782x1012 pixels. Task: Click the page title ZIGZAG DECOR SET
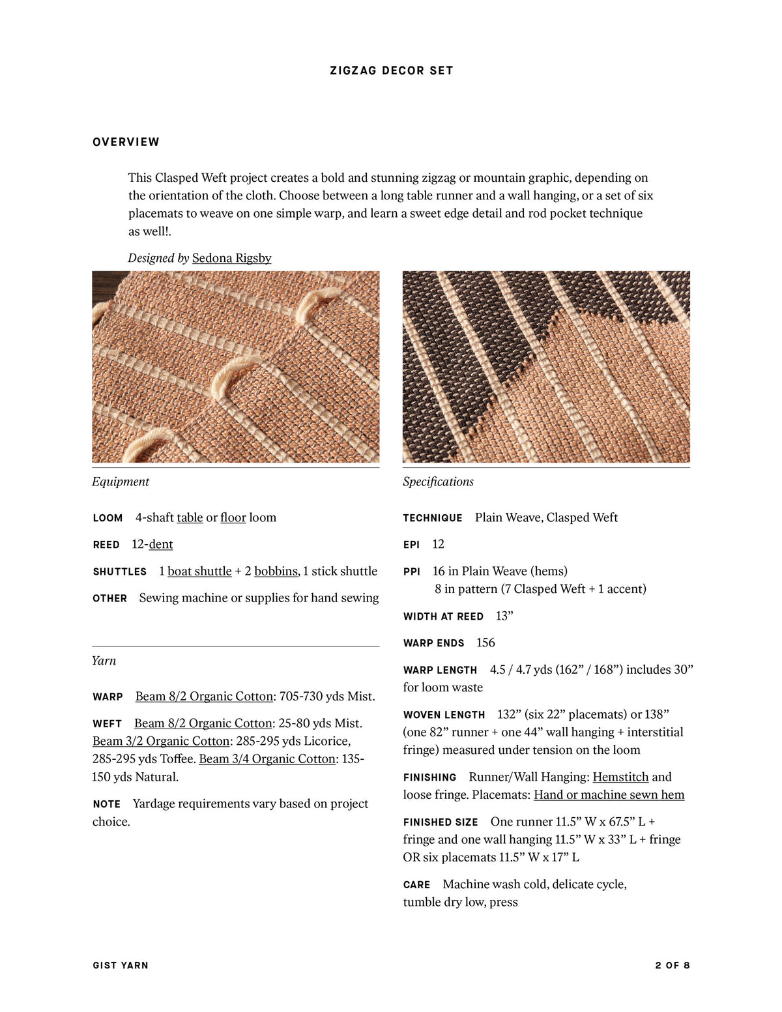coord(391,70)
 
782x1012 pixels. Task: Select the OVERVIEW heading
coord(126,142)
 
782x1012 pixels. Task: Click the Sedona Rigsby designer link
coord(231,258)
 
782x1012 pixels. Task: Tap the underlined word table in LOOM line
coord(190,517)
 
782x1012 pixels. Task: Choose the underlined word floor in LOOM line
coord(233,517)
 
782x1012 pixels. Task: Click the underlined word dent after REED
coord(161,544)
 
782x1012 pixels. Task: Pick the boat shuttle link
coord(199,571)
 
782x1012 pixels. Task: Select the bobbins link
coord(276,571)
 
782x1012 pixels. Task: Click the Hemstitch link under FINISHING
coord(620,777)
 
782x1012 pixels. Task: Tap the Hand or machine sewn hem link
coord(609,794)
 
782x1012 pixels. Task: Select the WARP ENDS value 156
coord(485,643)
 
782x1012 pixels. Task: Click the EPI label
coord(411,545)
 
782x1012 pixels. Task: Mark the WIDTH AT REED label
coord(443,616)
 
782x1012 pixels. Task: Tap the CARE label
coord(416,885)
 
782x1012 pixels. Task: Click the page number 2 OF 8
coord(672,965)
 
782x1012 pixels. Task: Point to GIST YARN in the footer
coord(121,965)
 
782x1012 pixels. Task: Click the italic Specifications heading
coord(438,482)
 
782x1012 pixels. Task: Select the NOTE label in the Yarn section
coord(106,804)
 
